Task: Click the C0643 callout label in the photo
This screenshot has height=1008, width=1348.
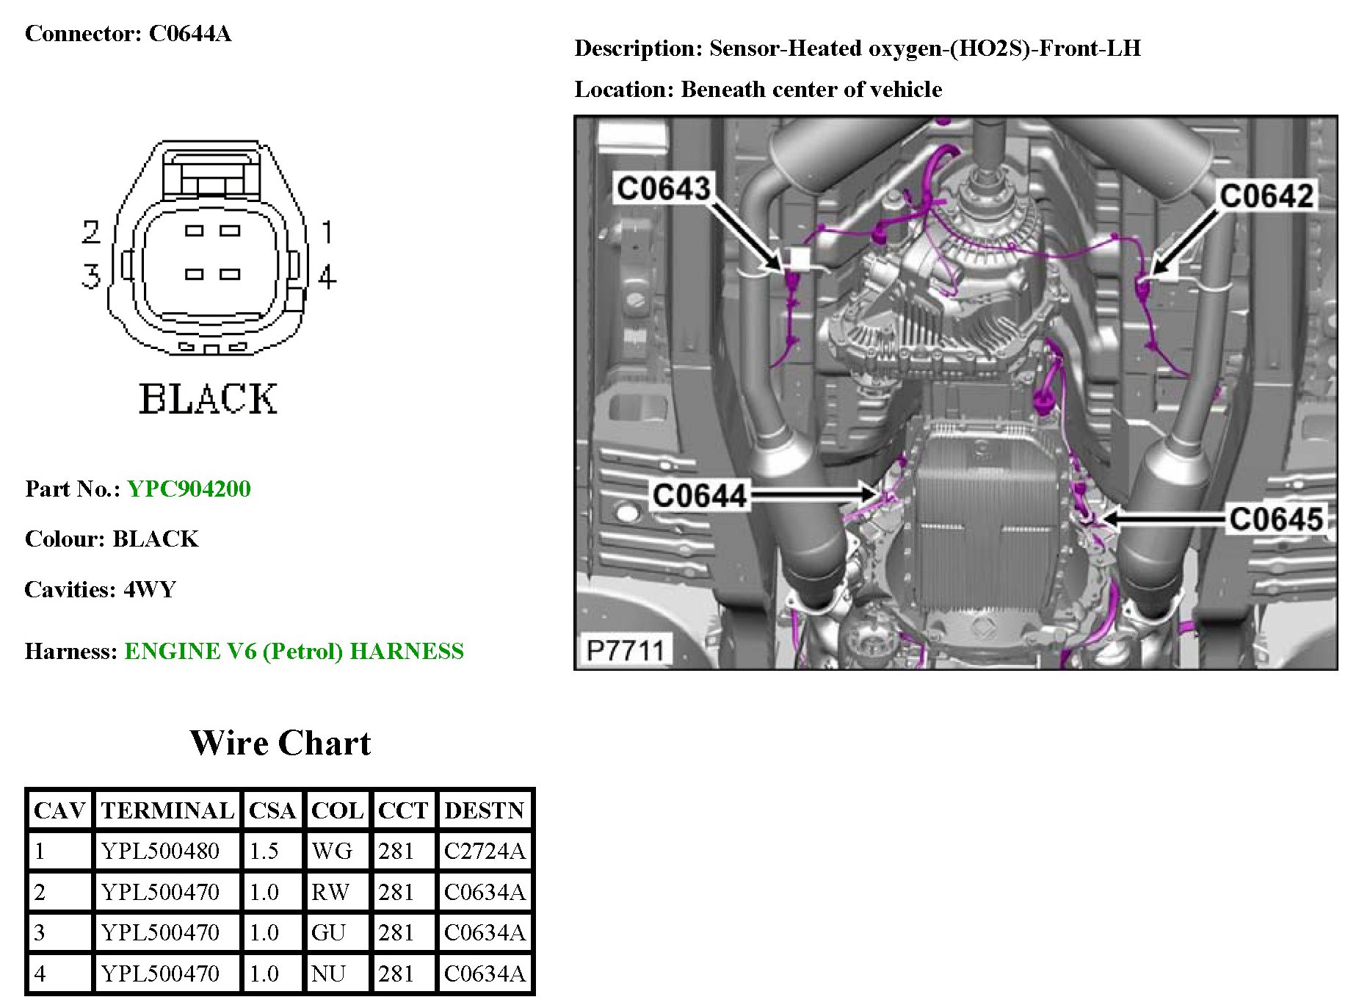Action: click(664, 189)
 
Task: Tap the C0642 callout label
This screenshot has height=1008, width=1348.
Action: click(1266, 196)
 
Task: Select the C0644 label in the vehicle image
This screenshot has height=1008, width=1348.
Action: click(699, 496)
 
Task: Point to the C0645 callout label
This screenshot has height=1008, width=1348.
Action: click(1276, 519)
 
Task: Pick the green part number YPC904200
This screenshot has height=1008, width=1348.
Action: click(189, 489)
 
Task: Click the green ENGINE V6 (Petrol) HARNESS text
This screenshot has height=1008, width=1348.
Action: click(294, 652)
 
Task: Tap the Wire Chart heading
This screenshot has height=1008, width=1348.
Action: click(280, 743)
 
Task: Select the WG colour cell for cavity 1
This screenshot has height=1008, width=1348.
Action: click(332, 851)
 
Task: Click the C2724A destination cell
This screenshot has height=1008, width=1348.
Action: click(485, 851)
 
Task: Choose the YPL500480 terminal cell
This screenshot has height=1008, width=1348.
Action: click(160, 851)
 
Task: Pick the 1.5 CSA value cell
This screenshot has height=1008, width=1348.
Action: click(264, 851)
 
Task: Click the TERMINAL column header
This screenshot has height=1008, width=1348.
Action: click(167, 810)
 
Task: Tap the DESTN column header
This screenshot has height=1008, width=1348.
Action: click(485, 810)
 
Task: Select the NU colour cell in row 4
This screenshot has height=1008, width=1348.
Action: click(328, 973)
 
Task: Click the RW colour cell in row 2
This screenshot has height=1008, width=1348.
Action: click(330, 892)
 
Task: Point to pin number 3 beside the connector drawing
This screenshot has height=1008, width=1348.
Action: click(90, 276)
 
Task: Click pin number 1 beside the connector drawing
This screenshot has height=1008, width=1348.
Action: click(327, 232)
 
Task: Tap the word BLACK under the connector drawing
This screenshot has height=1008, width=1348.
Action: click(209, 400)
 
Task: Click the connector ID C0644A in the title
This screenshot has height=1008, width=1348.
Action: click(190, 34)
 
